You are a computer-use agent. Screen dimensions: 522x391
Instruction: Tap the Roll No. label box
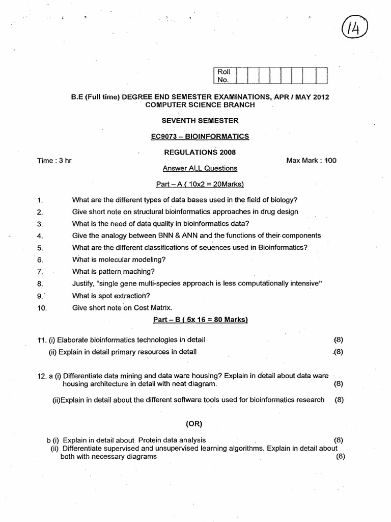coord(224,76)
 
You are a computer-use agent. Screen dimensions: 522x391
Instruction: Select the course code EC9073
coord(165,136)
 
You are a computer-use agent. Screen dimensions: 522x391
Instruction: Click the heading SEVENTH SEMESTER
coord(200,120)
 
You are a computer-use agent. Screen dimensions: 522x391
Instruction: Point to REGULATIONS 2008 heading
coord(200,152)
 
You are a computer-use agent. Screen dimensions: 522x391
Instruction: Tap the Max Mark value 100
coord(330,160)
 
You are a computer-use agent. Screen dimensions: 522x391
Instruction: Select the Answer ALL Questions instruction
coord(200,168)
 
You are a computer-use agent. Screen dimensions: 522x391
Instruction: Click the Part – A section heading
coord(200,184)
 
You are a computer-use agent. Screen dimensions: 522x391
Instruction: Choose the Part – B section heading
coord(200,320)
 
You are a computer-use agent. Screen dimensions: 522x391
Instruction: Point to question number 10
coord(42,308)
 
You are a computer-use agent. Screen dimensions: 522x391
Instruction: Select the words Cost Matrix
coord(152,307)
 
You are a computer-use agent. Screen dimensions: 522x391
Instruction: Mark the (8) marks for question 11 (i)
coord(339,340)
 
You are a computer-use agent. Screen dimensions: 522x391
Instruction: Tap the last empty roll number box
coord(321,76)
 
